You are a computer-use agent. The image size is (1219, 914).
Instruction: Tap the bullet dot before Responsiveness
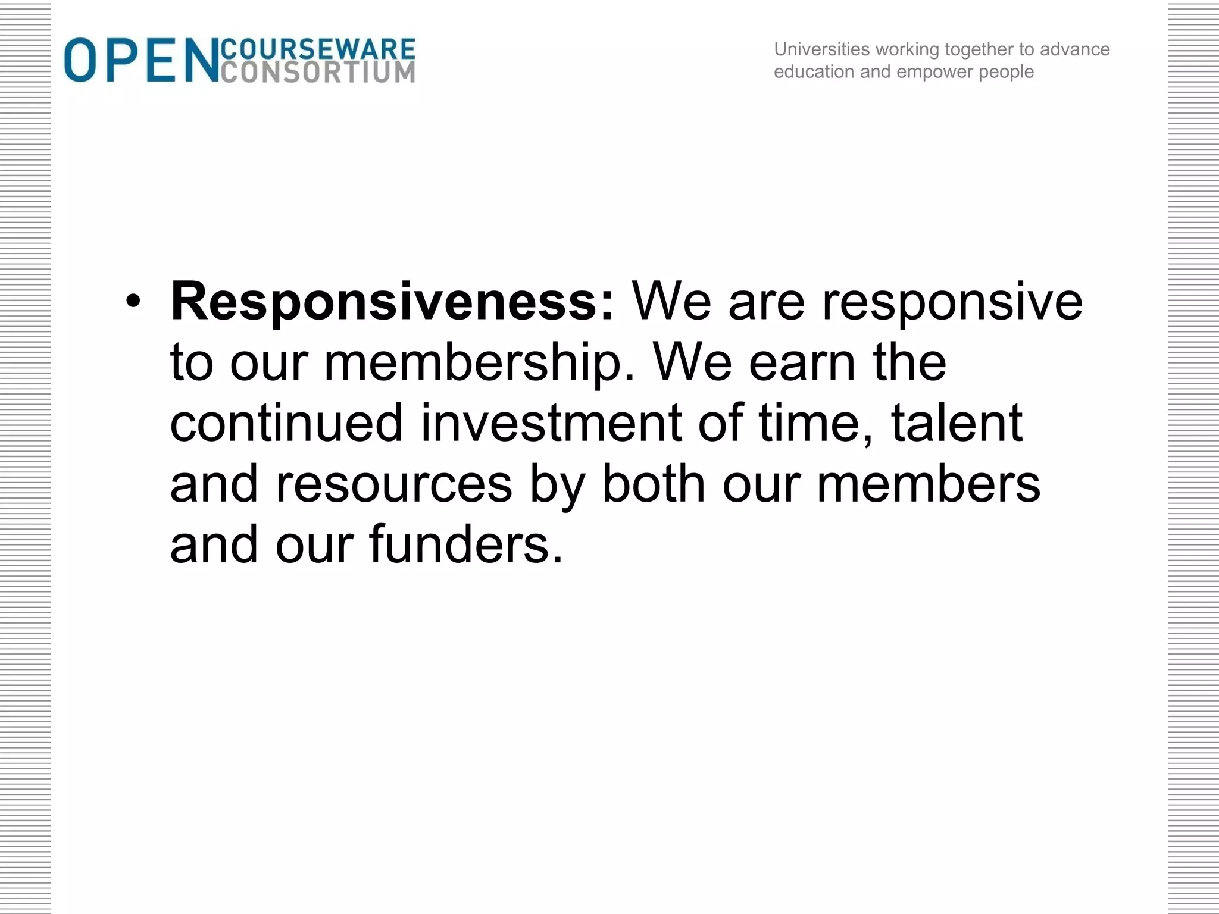[x=133, y=302]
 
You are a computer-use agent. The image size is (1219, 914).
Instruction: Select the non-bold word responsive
[x=952, y=302]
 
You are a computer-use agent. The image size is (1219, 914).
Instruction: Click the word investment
[x=551, y=423]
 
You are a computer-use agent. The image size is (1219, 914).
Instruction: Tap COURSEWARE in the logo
[x=318, y=49]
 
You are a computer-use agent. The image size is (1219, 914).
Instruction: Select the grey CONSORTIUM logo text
[x=318, y=72]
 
